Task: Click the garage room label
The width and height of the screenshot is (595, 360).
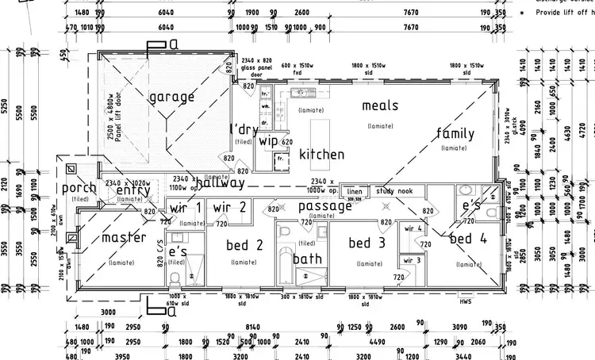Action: pyautogui.click(x=171, y=98)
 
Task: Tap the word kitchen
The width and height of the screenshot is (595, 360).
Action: pyautogui.click(x=321, y=155)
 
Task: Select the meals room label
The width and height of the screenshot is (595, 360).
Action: pyautogui.click(x=380, y=105)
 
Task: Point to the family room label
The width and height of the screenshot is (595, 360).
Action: pyautogui.click(x=455, y=133)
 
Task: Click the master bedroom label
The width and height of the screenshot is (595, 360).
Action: pyautogui.click(x=123, y=237)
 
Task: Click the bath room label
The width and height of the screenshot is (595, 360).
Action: pyautogui.click(x=307, y=259)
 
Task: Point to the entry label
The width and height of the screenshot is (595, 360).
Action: pyautogui.click(x=132, y=190)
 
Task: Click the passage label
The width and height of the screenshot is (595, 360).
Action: pyautogui.click(x=324, y=206)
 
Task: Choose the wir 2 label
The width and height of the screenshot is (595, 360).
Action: pyautogui.click(x=230, y=207)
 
